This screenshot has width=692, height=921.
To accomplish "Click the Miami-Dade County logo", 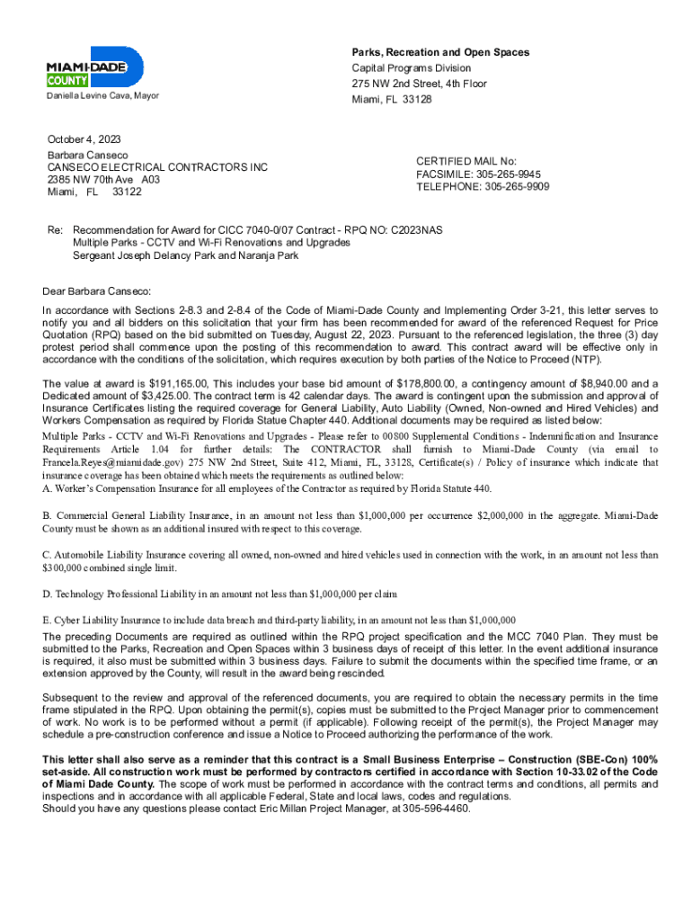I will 94,67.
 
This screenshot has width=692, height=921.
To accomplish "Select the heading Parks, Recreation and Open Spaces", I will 440,52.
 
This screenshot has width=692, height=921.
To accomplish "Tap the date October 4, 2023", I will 84,139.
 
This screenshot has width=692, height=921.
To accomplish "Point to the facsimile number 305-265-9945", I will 509,174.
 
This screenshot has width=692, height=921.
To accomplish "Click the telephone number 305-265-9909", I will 516,187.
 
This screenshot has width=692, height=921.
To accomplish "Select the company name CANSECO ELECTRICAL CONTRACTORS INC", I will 157,167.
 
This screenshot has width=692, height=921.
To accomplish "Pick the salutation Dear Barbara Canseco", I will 97,291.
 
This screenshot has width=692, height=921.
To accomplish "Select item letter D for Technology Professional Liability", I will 47,594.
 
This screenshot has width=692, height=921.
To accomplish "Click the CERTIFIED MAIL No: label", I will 466,160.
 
